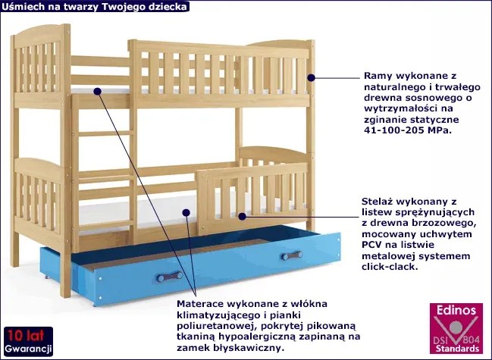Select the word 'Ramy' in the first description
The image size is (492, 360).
pyautogui.click(x=378, y=76)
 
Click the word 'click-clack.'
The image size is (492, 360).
pyautogui.click(x=394, y=267)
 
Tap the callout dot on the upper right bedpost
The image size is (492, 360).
pyautogui.click(x=310, y=77)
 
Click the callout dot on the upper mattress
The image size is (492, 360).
pyautogui.click(x=98, y=91)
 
